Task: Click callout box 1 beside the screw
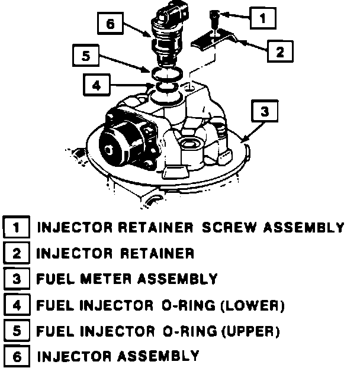pyautogui.click(x=262, y=18)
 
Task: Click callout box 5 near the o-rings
pyautogui.click(x=85, y=57)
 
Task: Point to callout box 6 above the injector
pyautogui.click(x=108, y=25)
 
